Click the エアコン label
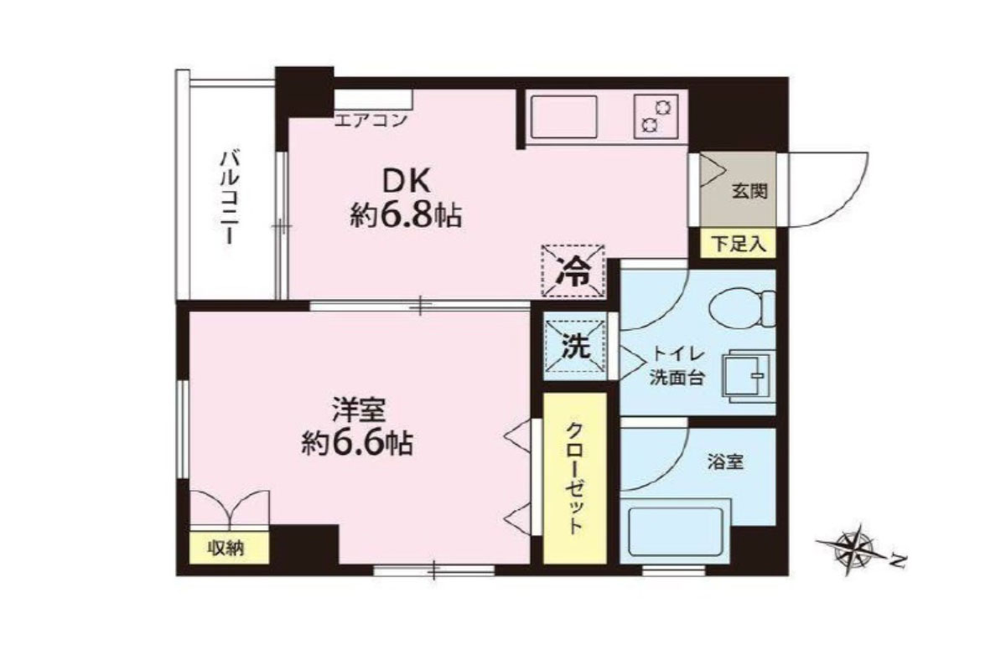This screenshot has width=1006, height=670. tap(371, 121)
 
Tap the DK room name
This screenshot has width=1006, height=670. tap(407, 183)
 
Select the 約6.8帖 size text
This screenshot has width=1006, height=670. tap(406, 216)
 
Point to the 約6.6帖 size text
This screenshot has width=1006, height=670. tap(357, 444)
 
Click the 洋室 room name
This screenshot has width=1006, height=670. tap(359, 410)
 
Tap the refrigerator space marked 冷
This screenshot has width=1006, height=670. tap(573, 271)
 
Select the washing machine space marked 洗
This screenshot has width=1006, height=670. tap(575, 346)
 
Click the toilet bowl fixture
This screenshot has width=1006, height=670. tap(742, 309)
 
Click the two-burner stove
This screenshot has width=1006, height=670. tap(656, 116)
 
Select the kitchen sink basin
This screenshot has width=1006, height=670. tap(563, 116)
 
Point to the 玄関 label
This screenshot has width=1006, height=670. tap(749, 192)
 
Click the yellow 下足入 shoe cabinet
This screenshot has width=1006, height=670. tap(738, 243)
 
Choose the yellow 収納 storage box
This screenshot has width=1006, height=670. tap(229, 548)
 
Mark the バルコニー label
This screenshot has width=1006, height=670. tap(230, 198)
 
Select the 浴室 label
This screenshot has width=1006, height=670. tap(725, 461)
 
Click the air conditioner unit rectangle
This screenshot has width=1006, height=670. tap(373, 99)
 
